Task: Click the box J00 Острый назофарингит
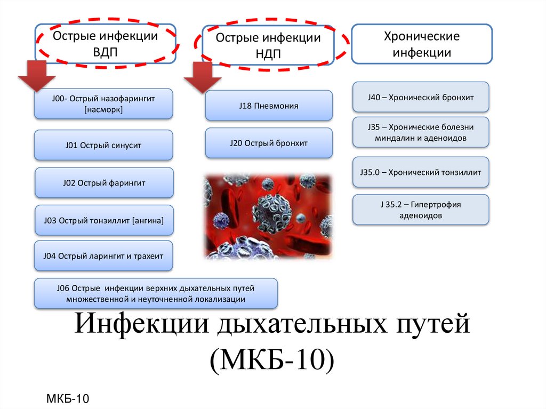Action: click(x=103, y=104)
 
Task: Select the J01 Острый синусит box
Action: click(x=103, y=145)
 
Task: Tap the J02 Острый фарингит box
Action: click(x=104, y=183)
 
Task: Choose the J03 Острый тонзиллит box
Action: click(x=104, y=220)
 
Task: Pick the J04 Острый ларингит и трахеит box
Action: click(x=103, y=256)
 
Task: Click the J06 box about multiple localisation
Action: click(x=156, y=293)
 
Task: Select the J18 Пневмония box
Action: click(x=269, y=106)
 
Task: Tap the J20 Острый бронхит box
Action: click(x=269, y=143)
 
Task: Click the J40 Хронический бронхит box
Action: click(x=421, y=97)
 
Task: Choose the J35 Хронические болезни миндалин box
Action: click(x=421, y=132)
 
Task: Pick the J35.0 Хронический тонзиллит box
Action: click(x=421, y=172)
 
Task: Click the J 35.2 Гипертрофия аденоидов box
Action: click(x=421, y=210)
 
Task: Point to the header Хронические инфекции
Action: click(x=422, y=45)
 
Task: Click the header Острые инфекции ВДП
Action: click(x=105, y=44)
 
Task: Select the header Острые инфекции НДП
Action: click(x=268, y=46)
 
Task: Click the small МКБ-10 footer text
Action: click(x=67, y=398)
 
